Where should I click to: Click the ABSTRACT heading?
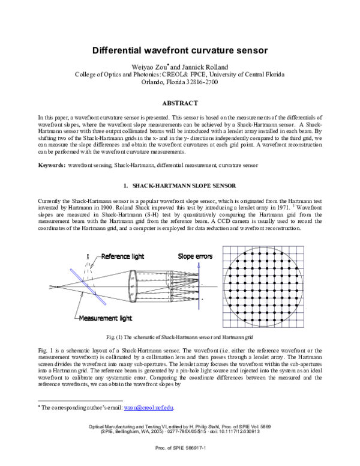(x=179, y=103)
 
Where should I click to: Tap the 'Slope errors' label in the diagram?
(x=195, y=256)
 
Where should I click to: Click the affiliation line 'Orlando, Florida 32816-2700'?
(x=179, y=83)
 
